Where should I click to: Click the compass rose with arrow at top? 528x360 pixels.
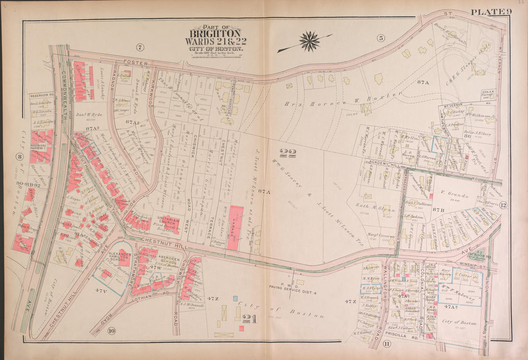(x=310, y=41)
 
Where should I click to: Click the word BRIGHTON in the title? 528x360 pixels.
(x=215, y=34)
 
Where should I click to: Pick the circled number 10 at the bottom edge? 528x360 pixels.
(x=111, y=330)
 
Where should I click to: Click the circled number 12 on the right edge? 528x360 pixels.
(x=503, y=206)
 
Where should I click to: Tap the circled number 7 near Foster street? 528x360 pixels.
(x=140, y=47)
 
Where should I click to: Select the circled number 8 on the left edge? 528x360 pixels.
(x=19, y=156)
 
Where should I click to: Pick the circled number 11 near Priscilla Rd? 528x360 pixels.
(x=386, y=344)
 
